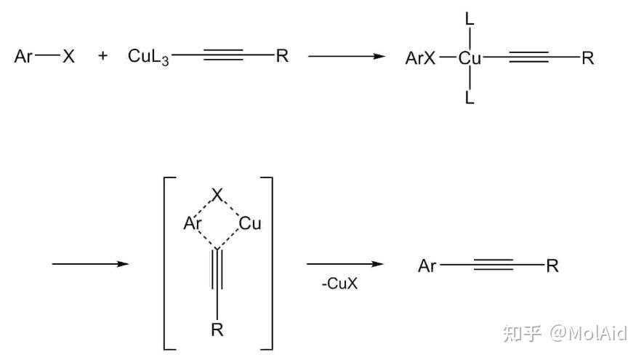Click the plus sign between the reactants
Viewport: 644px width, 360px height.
102,55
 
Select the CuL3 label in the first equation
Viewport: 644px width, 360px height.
148,57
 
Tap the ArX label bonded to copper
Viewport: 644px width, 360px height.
420,58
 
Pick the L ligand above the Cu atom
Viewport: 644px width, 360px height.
470,19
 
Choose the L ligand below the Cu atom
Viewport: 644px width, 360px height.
470,97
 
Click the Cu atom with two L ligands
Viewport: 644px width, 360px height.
470,58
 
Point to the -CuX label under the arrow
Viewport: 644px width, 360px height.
339,284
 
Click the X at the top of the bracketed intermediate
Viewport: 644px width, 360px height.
217,195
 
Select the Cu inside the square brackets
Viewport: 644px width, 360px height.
250,223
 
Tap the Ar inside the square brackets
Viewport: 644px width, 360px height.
192,223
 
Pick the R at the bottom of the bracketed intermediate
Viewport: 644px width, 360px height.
217,329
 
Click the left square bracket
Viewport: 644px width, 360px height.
170,263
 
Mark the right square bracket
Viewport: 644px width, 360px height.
267,263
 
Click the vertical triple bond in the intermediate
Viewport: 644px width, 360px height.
217,269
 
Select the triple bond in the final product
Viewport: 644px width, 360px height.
494,265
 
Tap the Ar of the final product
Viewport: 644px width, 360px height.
427,266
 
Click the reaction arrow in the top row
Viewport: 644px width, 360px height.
347,56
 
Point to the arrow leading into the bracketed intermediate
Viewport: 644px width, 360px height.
90,264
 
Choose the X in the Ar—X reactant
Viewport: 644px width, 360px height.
68,56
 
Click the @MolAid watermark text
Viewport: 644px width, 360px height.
589,333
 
